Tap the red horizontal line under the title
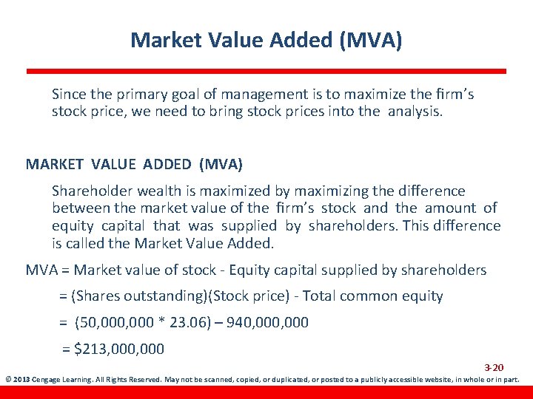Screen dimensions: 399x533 point(266,72)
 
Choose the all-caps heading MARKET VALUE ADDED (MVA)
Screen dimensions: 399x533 point(134,163)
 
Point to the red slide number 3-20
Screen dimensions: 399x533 point(494,367)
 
